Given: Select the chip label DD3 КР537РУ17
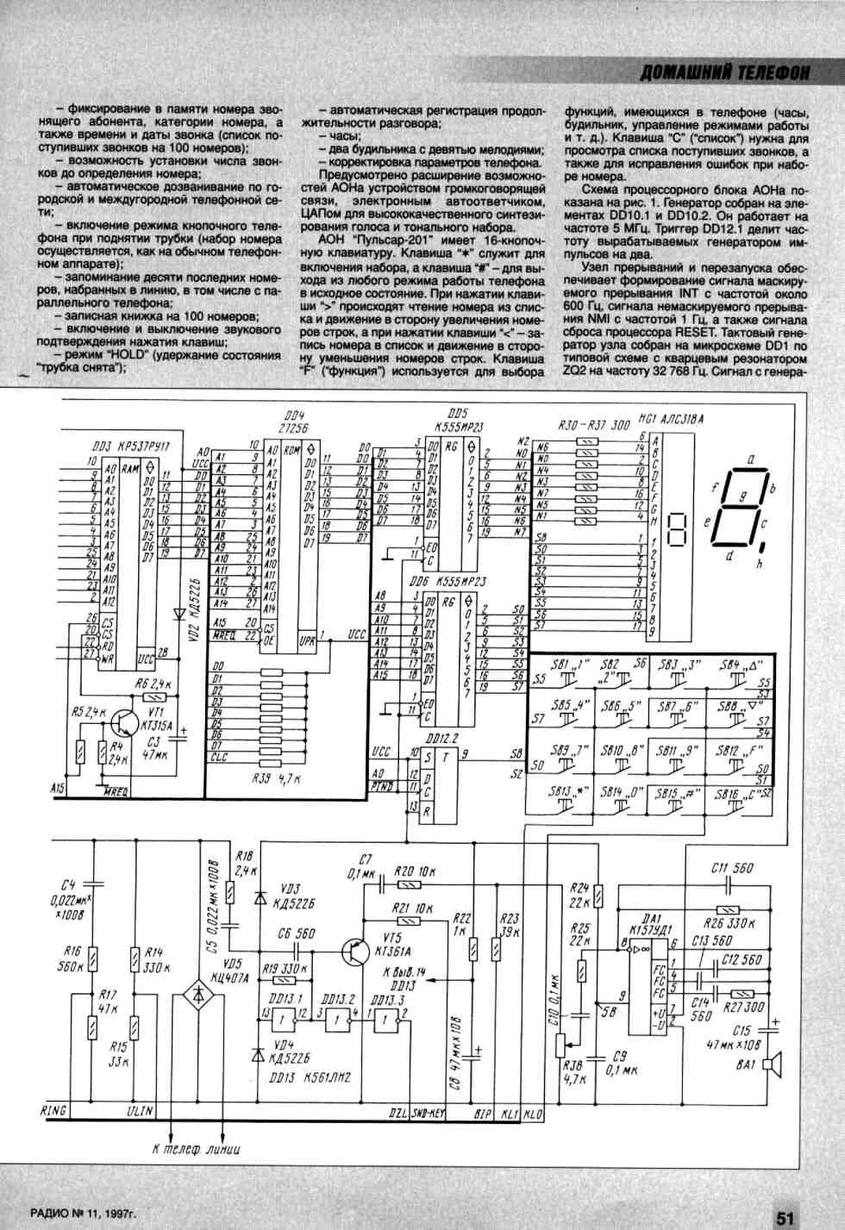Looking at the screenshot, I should click(x=129, y=447).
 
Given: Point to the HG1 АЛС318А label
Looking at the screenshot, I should click(x=669, y=419).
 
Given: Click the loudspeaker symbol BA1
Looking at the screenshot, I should click(x=774, y=1065).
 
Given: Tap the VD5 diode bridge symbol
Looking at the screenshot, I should click(x=198, y=996).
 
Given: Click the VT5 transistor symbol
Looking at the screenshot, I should click(x=355, y=951).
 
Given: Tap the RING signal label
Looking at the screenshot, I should click(x=54, y=1111).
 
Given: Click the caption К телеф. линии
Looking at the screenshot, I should click(x=196, y=1149).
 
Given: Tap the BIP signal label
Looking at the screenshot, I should click(x=482, y=1113).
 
